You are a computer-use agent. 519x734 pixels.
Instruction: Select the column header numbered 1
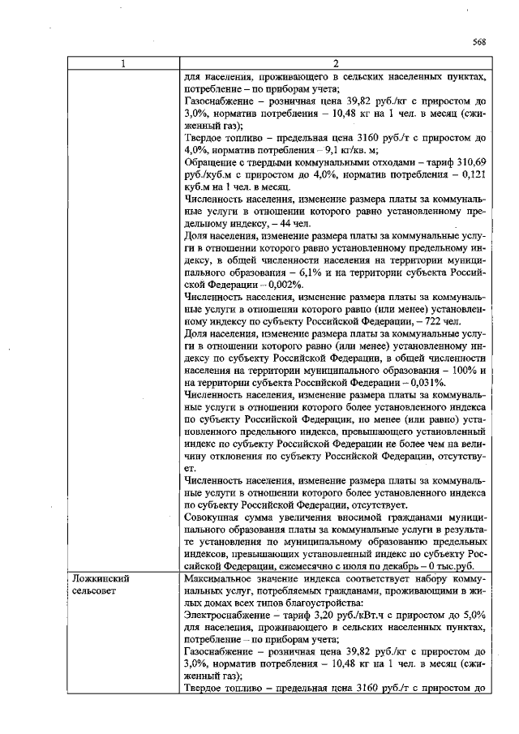click(x=122, y=64)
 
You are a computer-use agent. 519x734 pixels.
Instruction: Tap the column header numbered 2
click(x=335, y=64)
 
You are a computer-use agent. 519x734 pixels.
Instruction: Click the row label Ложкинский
click(x=101, y=580)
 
